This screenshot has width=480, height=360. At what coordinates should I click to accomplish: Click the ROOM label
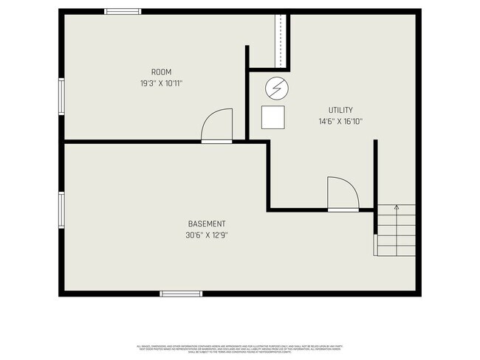(x=161, y=72)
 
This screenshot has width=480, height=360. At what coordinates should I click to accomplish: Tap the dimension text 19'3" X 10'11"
(x=161, y=83)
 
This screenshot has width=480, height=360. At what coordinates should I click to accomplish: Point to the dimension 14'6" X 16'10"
(x=340, y=122)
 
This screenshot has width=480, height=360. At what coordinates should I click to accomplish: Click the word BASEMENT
(x=207, y=224)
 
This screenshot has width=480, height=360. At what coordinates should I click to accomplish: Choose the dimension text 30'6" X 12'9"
(x=207, y=235)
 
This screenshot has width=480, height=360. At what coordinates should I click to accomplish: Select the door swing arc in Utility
(x=343, y=192)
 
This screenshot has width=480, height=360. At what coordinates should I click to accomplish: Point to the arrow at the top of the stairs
(x=396, y=209)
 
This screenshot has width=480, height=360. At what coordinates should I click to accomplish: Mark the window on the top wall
(x=123, y=11)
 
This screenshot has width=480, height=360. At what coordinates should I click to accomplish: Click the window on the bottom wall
(x=180, y=294)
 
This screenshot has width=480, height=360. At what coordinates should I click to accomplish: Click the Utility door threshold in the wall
(x=343, y=210)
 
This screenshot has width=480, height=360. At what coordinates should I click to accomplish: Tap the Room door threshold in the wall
(x=217, y=141)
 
